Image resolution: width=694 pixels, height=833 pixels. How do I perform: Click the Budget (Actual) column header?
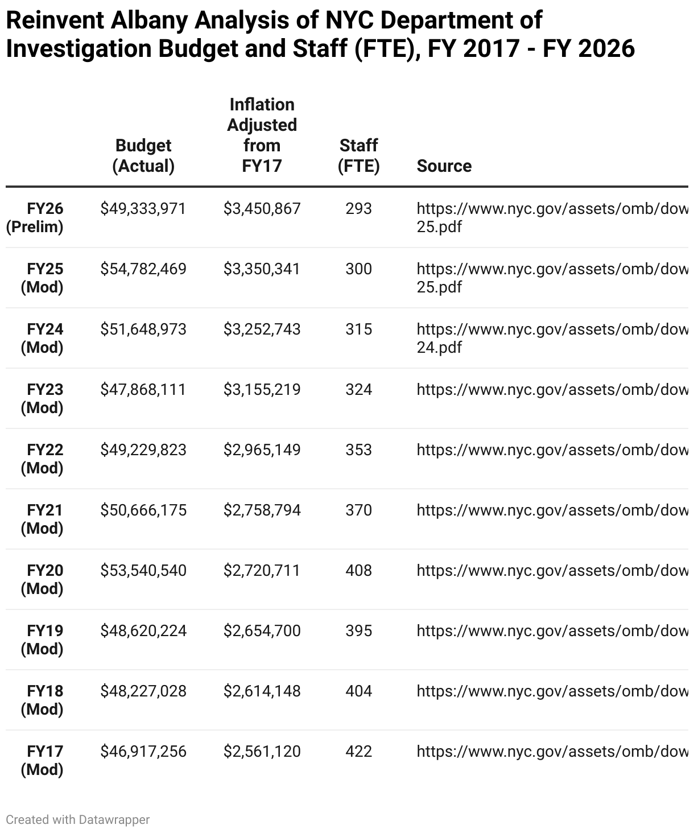pyautogui.click(x=143, y=155)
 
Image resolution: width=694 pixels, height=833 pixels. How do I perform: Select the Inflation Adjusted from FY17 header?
pyautogui.click(x=262, y=135)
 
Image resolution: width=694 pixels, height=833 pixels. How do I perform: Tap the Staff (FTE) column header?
pyautogui.click(x=358, y=155)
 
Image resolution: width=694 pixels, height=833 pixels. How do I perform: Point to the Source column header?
pyautogui.click(x=444, y=166)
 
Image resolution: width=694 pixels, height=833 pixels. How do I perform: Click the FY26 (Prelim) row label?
pyautogui.click(x=35, y=217)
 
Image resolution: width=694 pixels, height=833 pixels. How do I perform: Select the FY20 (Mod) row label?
pyautogui.click(x=42, y=579)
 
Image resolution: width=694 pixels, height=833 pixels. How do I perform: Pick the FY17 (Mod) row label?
pyautogui.click(x=42, y=760)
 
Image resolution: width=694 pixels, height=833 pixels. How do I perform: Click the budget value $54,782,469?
pyautogui.click(x=143, y=269)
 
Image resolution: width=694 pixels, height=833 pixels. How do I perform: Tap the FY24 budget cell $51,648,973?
pyautogui.click(x=143, y=329)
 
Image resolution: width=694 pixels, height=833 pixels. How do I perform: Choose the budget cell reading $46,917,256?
pyautogui.click(x=143, y=751)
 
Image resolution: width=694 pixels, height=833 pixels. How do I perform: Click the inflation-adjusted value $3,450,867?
pyautogui.click(x=262, y=208)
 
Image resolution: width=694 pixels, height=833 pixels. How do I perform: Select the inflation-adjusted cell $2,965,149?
pyautogui.click(x=262, y=450)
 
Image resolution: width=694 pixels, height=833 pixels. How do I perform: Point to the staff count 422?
pyautogui.click(x=358, y=751)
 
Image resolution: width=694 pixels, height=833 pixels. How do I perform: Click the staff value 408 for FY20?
pyautogui.click(x=358, y=570)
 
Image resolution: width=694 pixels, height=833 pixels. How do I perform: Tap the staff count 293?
pyautogui.click(x=358, y=208)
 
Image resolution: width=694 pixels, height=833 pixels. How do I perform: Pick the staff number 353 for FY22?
pyautogui.click(x=358, y=450)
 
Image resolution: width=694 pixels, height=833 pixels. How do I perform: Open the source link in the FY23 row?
pyautogui.click(x=552, y=389)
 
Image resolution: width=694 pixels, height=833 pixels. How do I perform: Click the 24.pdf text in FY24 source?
pyautogui.click(x=439, y=347)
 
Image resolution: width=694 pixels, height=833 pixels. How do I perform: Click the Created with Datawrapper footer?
pyautogui.click(x=78, y=819)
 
